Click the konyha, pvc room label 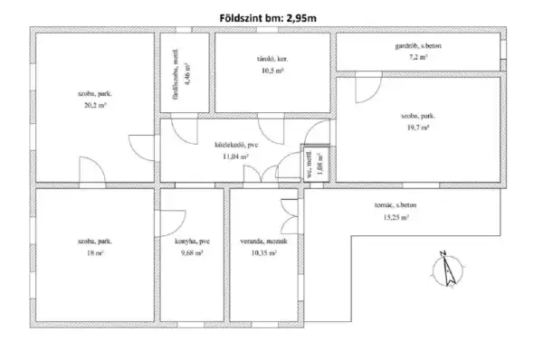coord(193,242)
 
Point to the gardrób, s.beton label coord(417,44)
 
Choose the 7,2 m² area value coord(417,56)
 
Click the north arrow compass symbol coord(443,269)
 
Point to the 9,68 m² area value coord(192,255)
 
